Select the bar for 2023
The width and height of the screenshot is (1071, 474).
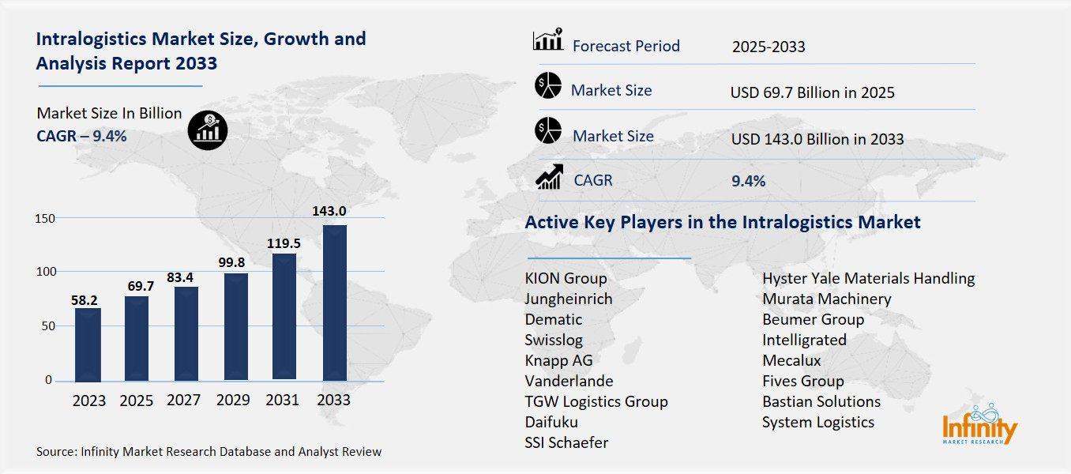point(88,344)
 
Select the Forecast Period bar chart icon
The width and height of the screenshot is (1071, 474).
point(548,39)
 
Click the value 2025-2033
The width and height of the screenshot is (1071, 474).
point(768,47)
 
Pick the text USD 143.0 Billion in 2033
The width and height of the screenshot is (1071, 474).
point(817,140)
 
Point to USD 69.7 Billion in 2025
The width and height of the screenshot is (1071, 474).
point(813,93)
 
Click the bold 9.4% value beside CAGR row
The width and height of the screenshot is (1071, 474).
point(748,181)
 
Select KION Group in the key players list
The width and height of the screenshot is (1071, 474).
point(566,278)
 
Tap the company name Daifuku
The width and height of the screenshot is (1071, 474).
point(551,422)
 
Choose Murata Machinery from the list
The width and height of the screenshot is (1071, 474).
point(826,299)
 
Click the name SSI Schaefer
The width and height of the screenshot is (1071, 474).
point(566,442)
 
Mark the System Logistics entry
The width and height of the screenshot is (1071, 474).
point(818,422)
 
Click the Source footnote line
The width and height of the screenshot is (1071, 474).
point(209,452)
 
